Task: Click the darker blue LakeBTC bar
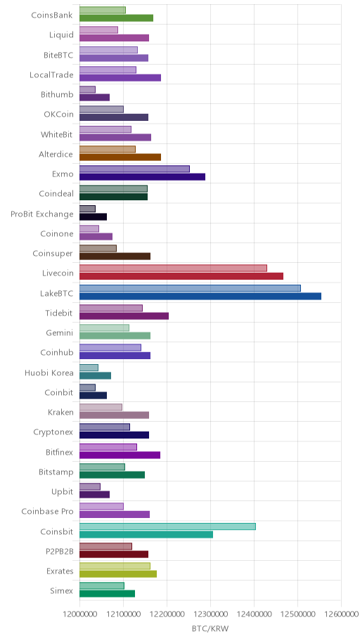(200, 296)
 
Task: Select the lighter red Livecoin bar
(173, 268)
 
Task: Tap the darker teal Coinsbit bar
(146, 534)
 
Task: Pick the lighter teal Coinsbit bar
(167, 526)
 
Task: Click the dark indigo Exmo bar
(142, 176)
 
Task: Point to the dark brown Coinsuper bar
(115, 257)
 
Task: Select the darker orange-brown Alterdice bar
(120, 157)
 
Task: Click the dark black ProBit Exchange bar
(94, 216)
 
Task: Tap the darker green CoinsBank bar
(116, 18)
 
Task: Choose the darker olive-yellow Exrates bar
(118, 574)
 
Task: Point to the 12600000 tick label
(341, 614)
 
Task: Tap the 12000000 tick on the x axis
(79, 614)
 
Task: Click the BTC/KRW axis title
(210, 628)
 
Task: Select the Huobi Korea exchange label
(49, 373)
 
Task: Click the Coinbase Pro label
(47, 512)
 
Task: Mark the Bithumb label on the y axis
(57, 94)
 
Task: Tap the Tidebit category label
(59, 313)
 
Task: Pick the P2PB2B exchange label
(60, 552)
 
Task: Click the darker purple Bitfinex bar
(120, 455)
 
